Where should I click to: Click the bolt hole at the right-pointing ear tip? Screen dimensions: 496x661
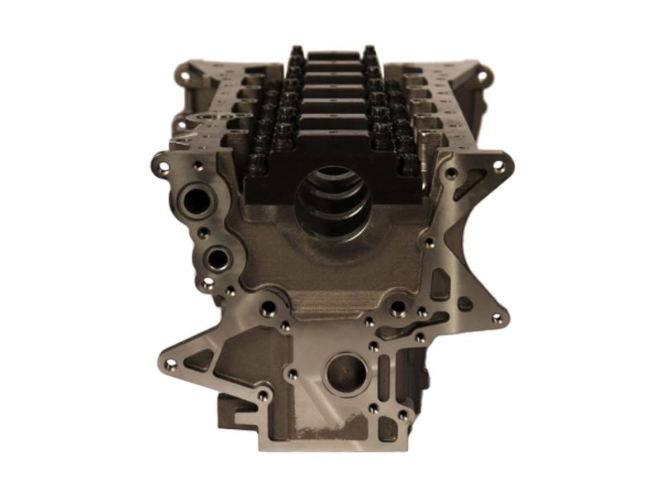[x=497, y=317]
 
